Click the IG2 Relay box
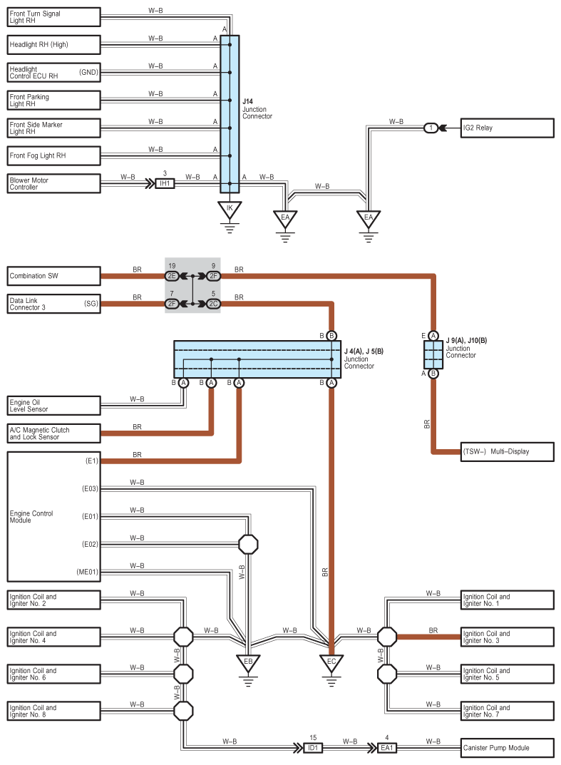[x=508, y=128]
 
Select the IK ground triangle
[x=230, y=210]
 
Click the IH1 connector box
[x=165, y=183]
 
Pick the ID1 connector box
[x=313, y=747]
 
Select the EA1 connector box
[x=387, y=747]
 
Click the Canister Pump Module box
[x=508, y=747]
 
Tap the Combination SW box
[x=53, y=276]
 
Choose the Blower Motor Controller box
[x=53, y=183]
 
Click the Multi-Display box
[x=508, y=452]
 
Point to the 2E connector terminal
[x=172, y=276]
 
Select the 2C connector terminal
[x=213, y=304]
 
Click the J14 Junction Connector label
[x=257, y=109]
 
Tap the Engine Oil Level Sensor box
[x=53, y=406]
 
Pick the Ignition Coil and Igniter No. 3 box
[x=508, y=637]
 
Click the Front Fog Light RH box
[x=53, y=155]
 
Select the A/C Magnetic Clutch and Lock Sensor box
[x=53, y=433]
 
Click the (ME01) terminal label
[x=87, y=572]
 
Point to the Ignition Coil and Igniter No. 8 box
[x=53, y=711]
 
